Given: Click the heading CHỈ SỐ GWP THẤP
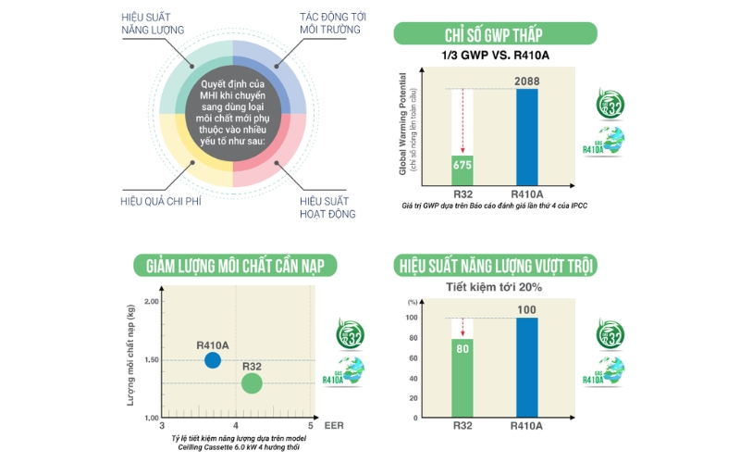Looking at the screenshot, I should tap(493, 35).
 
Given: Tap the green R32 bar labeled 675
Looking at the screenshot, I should tap(462, 169).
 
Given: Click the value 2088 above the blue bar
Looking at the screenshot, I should tap(526, 82).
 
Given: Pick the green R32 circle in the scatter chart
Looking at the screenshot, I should tap(252, 382).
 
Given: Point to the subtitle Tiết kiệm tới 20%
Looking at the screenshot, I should tap(494, 287).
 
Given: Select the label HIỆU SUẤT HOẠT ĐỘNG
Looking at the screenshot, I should tap(327, 206).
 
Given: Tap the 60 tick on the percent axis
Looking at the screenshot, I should tap(411, 357).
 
